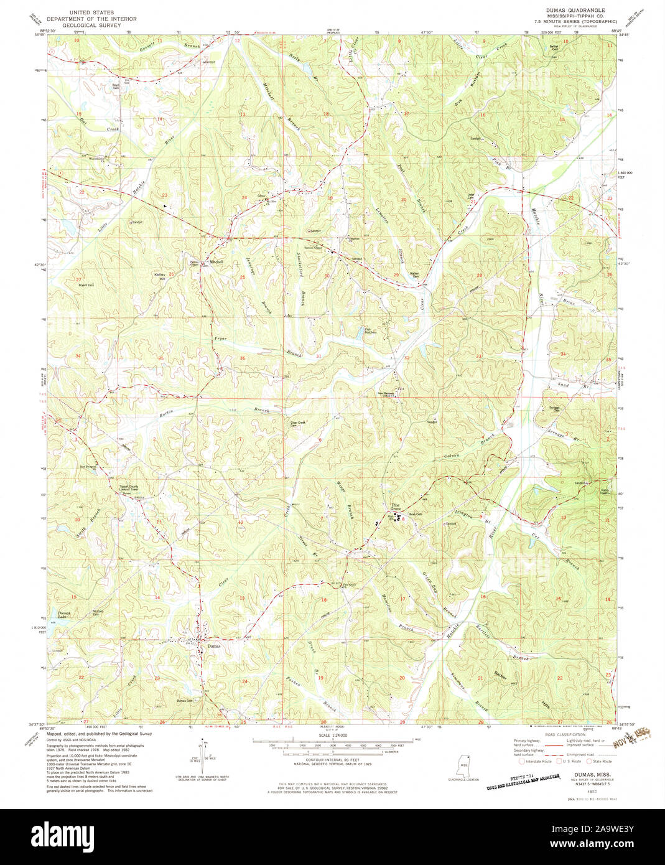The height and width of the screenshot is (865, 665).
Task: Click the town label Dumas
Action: coord(213,645)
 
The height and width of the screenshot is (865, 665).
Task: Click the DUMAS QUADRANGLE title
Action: coord(574,11)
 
